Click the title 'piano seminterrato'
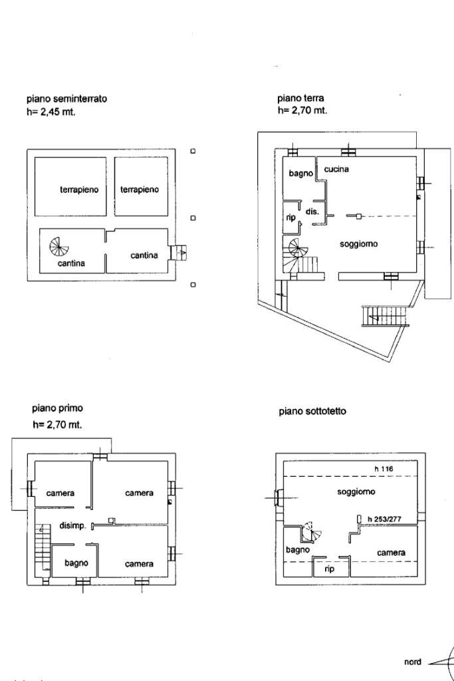[x=66, y=98]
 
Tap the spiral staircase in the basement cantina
[x=59, y=247]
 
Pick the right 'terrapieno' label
[x=140, y=190]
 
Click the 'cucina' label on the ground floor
[x=336, y=170]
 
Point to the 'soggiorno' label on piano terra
[x=358, y=244]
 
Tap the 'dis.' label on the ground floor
[x=312, y=212]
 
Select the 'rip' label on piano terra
[x=290, y=217]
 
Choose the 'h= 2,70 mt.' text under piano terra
[x=302, y=110]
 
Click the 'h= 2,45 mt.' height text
[x=51, y=112]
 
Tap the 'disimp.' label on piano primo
[x=72, y=526]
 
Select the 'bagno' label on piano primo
[x=76, y=563]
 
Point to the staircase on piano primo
[x=42, y=542]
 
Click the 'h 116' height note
[x=384, y=470]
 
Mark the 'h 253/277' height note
[x=387, y=519]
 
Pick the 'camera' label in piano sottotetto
[x=392, y=553]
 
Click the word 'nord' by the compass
[x=412, y=662]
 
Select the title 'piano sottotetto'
[x=312, y=412]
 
